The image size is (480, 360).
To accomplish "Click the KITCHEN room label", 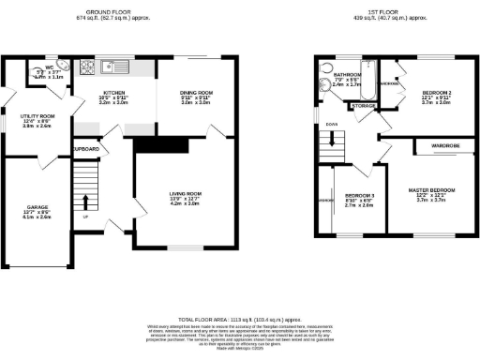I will coord(114,93).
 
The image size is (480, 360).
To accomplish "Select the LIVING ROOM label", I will coord(185,193).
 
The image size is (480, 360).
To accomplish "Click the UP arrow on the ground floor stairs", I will coord(85,201).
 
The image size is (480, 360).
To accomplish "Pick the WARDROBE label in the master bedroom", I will coord(444,146).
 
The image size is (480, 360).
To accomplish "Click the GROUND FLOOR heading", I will coord(114,11).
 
